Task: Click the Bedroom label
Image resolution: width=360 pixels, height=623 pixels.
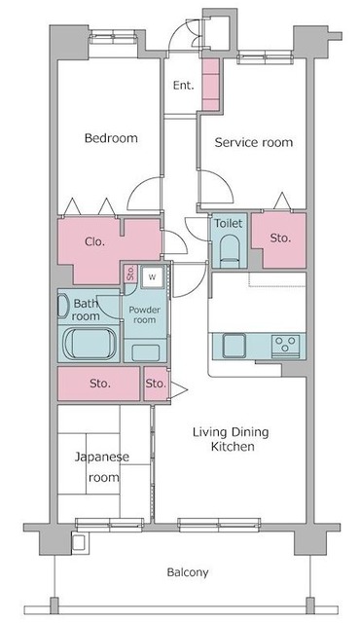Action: (110, 138)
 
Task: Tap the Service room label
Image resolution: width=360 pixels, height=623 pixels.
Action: (253, 142)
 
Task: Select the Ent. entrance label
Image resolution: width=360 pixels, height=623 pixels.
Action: (183, 85)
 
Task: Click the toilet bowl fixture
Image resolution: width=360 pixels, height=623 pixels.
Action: (229, 250)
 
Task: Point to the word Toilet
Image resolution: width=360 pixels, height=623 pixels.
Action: (228, 223)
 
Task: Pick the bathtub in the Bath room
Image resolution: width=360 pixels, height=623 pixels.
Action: (89, 344)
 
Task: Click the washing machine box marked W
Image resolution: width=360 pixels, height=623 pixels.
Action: (151, 276)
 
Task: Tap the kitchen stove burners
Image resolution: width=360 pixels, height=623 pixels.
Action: (286, 344)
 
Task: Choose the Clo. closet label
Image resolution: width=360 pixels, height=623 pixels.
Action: (94, 241)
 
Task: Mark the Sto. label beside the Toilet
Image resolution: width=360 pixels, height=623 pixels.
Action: (280, 238)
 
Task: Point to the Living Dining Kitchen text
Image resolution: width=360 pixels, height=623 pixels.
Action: (230, 439)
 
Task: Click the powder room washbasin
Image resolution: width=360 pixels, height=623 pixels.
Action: (146, 350)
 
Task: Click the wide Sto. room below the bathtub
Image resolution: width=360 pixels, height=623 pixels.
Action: (99, 384)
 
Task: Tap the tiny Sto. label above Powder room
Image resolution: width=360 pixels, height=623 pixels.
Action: (130, 273)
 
